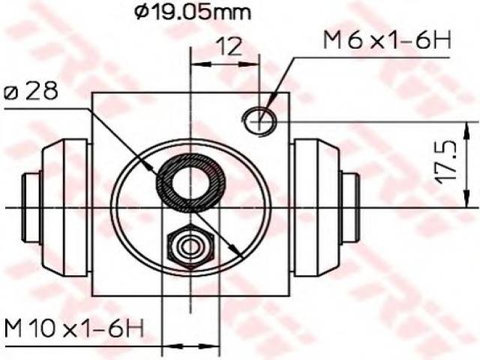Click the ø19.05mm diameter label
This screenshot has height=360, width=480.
193,12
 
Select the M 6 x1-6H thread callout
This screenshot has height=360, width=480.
387,40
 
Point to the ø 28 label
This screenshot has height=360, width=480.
31,91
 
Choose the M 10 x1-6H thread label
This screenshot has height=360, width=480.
74,328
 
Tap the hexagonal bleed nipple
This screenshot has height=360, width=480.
190,247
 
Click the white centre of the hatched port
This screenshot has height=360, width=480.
190,183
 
